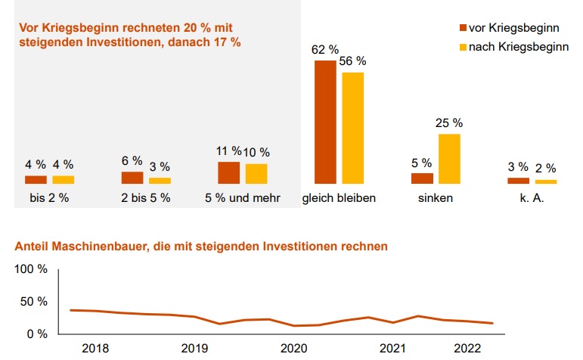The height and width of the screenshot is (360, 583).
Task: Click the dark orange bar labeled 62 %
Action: click(x=325, y=122)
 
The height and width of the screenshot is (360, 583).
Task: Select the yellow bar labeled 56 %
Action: click(x=352, y=128)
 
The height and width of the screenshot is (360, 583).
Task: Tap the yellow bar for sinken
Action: click(x=449, y=159)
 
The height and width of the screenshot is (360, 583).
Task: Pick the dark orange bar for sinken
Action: click(x=422, y=178)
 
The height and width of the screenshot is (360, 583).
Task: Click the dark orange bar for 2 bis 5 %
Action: click(x=132, y=178)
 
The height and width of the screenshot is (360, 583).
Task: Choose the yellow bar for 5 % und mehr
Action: click(x=256, y=174)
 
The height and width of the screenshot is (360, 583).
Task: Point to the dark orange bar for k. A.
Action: click(x=518, y=181)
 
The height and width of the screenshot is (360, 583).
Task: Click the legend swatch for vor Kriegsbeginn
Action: click(x=464, y=28)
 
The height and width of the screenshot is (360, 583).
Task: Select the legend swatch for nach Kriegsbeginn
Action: click(x=464, y=48)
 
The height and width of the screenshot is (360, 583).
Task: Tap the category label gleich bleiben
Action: click(x=339, y=199)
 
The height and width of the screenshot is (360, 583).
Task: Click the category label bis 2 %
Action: click(x=49, y=199)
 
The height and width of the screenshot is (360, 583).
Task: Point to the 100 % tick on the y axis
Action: click(x=31, y=270)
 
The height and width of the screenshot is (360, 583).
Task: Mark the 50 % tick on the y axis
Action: click(x=34, y=302)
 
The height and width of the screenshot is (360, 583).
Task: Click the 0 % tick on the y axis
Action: click(x=37, y=334)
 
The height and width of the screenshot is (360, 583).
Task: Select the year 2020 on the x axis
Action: click(x=293, y=349)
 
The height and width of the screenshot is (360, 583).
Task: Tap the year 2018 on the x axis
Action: click(x=95, y=349)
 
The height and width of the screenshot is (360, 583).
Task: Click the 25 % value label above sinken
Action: click(x=449, y=123)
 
